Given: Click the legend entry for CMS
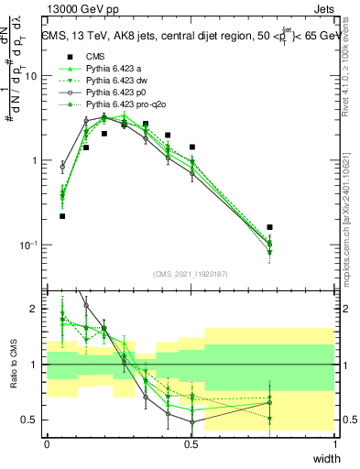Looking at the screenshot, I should pos(96,56).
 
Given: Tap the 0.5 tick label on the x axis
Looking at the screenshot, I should pos(191,444).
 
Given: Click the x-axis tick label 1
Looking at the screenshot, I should pos(335,444).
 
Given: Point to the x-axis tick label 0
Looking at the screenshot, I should pos(47,444).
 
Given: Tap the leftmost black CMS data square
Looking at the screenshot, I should pos(62,216).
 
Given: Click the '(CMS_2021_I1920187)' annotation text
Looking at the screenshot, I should pos(191,273).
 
